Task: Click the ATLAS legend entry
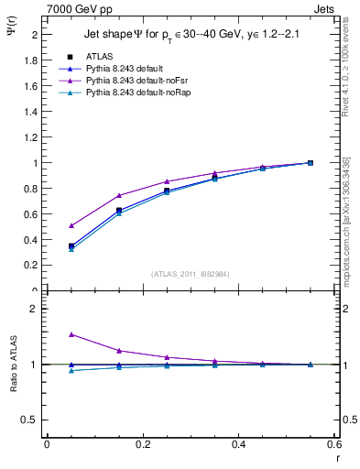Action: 98,56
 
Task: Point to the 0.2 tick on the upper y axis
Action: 31,266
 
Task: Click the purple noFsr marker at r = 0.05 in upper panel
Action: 71,225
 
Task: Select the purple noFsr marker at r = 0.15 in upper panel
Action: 119,195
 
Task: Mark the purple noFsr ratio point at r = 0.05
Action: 71,334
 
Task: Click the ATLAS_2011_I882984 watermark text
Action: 191,274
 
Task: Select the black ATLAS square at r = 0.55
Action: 311,163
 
